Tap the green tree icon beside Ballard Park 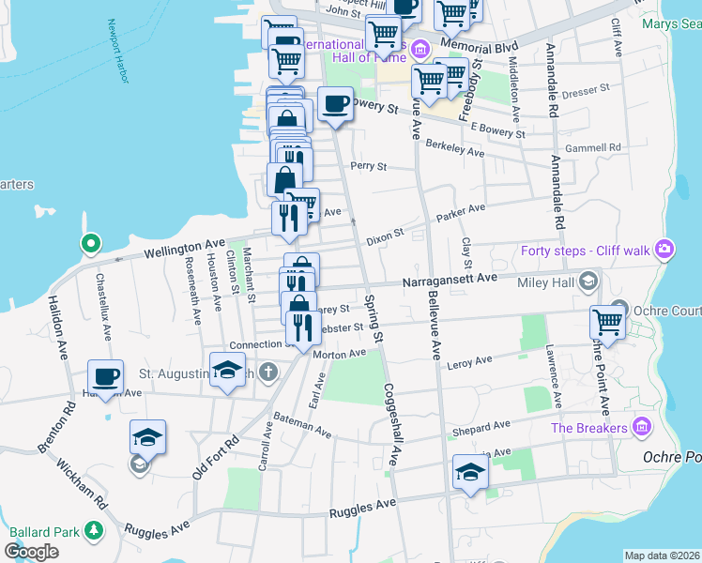(x=93, y=531)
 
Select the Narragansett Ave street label (x=450, y=279)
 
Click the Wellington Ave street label (x=185, y=249)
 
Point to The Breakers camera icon (x=642, y=427)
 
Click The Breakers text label (x=588, y=428)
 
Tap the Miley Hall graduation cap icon (x=588, y=281)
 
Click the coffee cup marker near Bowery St (x=334, y=104)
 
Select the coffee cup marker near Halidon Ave (x=105, y=377)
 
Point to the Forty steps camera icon (x=664, y=249)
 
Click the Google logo (x=31, y=552)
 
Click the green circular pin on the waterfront (x=90, y=244)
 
